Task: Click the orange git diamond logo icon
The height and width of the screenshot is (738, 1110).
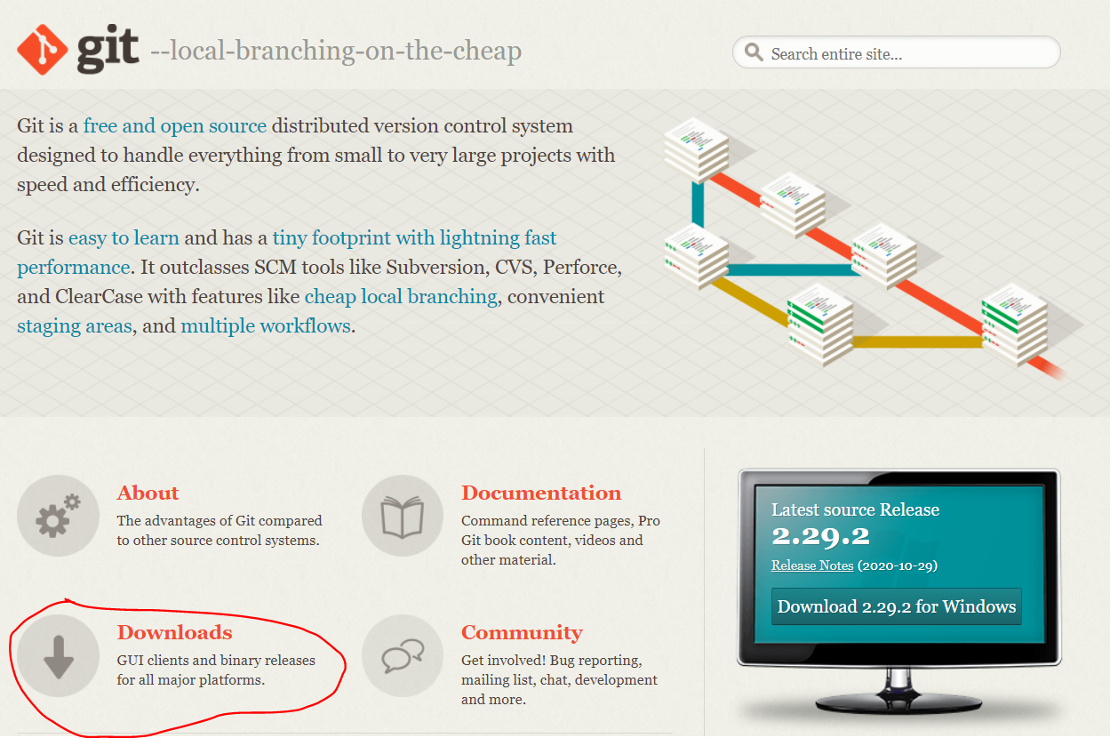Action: (43, 49)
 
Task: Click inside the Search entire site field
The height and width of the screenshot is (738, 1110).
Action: (906, 54)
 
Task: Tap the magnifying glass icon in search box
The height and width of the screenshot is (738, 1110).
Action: (755, 52)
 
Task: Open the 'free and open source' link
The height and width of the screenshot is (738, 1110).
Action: (175, 126)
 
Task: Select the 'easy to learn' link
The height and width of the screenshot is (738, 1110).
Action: (124, 238)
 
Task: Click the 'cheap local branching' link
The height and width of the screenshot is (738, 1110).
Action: (401, 297)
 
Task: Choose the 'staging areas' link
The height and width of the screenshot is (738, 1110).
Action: (74, 326)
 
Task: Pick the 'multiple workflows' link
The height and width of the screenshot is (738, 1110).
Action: (266, 326)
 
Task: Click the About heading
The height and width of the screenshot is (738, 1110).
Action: (148, 493)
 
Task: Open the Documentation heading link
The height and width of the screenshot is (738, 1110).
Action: (540, 493)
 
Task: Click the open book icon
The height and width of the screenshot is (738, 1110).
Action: (402, 517)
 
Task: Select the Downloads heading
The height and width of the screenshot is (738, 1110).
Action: (174, 633)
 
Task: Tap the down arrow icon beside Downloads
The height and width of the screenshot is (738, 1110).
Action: (58, 656)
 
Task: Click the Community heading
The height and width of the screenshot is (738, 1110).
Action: (522, 633)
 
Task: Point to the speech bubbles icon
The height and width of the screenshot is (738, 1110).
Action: (402, 656)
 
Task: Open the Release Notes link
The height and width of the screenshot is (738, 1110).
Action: (812, 566)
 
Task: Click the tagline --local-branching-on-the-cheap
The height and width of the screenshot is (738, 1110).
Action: (336, 51)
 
